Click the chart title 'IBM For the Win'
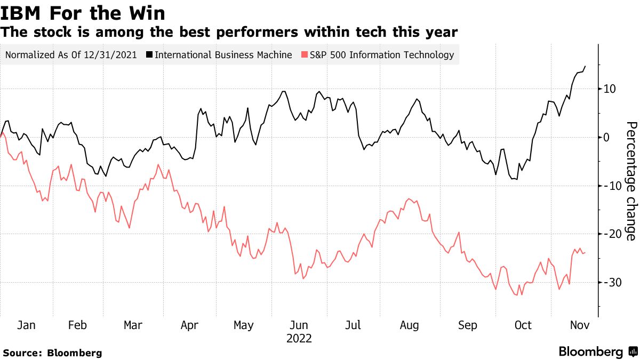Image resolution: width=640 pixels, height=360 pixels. [83, 12]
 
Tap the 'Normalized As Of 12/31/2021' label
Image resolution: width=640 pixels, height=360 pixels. [71, 55]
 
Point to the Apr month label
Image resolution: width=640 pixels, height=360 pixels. [189, 325]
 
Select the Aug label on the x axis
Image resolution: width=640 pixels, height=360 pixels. [410, 325]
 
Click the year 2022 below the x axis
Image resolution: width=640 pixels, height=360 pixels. [299, 339]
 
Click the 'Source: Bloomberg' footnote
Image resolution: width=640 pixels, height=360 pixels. [52, 353]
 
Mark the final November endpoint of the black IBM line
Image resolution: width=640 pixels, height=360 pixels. [585, 66]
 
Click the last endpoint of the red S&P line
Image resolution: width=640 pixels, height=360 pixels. [585, 252]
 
